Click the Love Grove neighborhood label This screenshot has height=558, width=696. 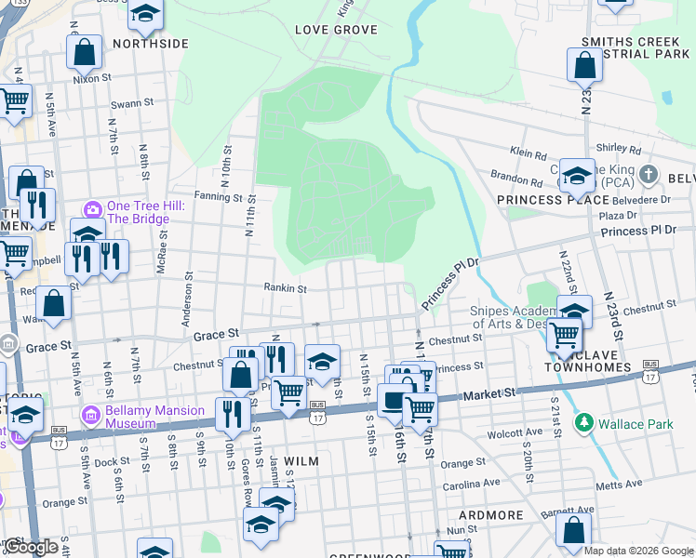[336, 30]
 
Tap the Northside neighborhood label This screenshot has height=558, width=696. [151, 44]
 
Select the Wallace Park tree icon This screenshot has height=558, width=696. [583, 424]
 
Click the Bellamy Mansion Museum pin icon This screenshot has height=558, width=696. [92, 411]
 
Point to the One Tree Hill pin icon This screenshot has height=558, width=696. [92, 206]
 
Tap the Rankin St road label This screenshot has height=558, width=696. [285, 288]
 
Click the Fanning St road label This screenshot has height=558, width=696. [219, 197]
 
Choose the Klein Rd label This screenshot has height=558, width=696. [528, 151]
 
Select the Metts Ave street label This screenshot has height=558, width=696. [622, 484]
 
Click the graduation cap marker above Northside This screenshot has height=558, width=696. [145, 12]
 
